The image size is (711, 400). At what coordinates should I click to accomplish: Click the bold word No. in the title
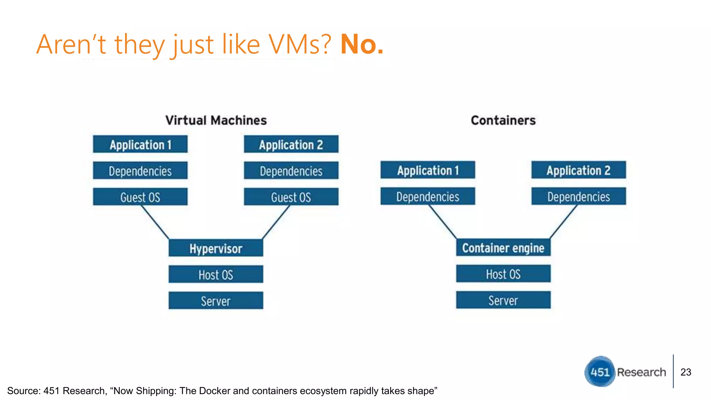pos(361,44)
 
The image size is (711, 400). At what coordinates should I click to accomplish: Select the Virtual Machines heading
pos(216,120)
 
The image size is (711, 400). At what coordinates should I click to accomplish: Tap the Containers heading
pos(503,120)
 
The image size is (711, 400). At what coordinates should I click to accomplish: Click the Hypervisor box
pos(216,248)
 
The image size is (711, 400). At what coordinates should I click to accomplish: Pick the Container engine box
pos(503,248)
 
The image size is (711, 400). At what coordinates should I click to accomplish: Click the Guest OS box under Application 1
pos(140,197)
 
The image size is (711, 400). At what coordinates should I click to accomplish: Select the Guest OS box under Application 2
pos(291,197)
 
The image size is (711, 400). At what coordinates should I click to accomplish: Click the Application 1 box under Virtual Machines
pos(140,144)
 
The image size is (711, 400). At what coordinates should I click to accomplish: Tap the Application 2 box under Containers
pos(578,170)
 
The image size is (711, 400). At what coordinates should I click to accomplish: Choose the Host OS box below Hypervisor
pos(216,275)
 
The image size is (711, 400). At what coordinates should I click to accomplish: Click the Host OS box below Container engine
pos(503,274)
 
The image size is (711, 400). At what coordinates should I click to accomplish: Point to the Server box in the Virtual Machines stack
pos(216,301)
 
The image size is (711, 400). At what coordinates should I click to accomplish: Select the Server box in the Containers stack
pos(503,300)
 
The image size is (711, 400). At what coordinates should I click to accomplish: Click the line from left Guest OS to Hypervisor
pos(155,222)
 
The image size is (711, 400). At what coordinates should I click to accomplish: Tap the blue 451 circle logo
pos(600,372)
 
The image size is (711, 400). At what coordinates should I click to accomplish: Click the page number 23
pos(686,372)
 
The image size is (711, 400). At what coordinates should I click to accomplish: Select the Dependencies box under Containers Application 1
pos(428,197)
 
